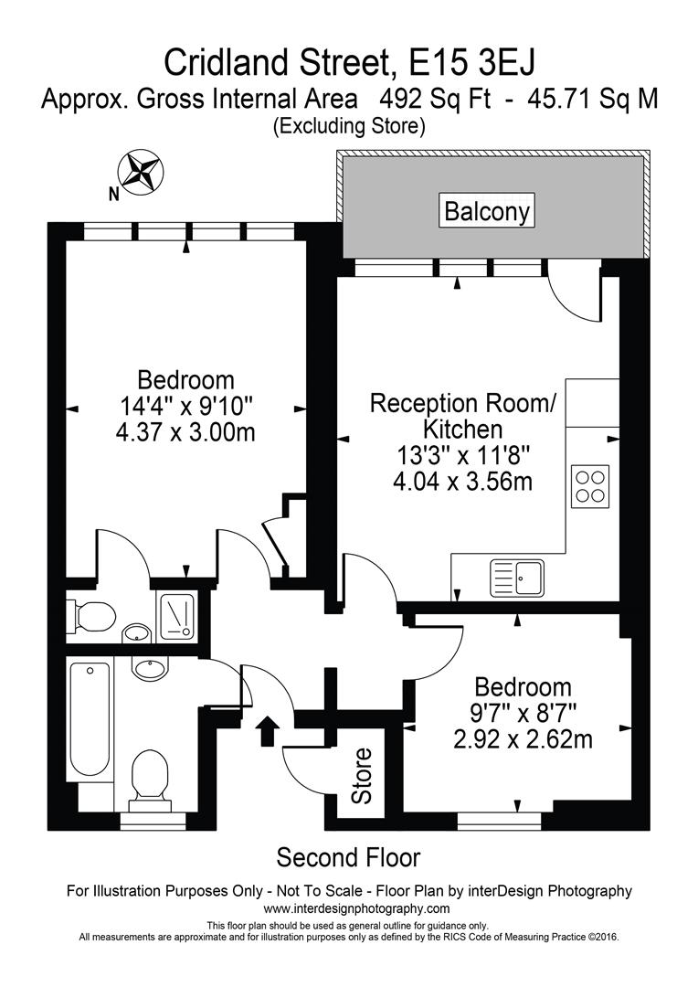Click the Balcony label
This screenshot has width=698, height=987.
[x=487, y=210]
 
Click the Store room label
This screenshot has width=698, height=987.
[x=362, y=776]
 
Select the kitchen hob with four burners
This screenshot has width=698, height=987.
[x=590, y=486]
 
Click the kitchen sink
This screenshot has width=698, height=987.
[x=517, y=578]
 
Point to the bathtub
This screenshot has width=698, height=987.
[x=89, y=719]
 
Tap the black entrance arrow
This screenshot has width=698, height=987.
[x=268, y=730]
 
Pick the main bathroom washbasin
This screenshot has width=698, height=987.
[x=151, y=668]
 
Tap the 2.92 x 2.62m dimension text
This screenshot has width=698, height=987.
[x=523, y=739]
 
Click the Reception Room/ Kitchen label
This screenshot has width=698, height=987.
[x=462, y=416]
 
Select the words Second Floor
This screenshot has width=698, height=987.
[x=349, y=857]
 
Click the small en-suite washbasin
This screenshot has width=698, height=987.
[x=137, y=632]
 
